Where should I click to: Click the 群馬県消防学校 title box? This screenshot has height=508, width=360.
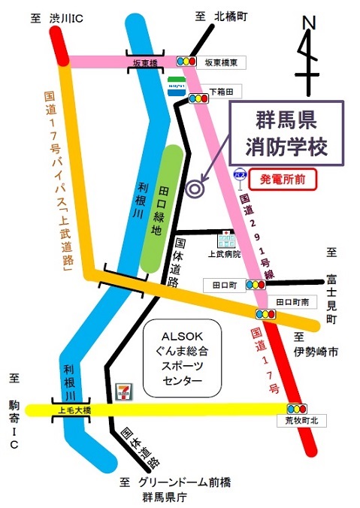pyautogui.click(x=286, y=134)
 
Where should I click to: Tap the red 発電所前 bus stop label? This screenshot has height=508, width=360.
pyautogui.click(x=283, y=179)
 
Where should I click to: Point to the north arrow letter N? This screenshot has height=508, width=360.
pyautogui.click(x=308, y=24)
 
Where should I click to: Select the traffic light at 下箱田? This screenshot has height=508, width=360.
pyautogui.click(x=199, y=98)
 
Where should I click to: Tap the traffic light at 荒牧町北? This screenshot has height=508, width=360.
pyautogui.click(x=296, y=409)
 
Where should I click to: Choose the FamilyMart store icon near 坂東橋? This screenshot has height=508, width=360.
pyautogui.click(x=175, y=85)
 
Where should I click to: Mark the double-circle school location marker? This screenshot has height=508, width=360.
pyautogui.click(x=195, y=189)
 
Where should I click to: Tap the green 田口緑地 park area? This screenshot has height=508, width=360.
pyautogui.click(x=161, y=207)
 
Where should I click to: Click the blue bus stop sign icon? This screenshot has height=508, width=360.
pyautogui.click(x=240, y=174)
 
